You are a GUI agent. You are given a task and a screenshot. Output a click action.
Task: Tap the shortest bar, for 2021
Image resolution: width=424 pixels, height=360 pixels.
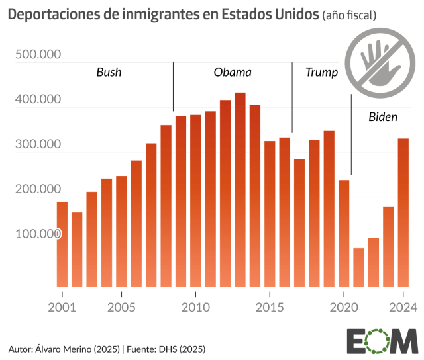(x=358, y=267)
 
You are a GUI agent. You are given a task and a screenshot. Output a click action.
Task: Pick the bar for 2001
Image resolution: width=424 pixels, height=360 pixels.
(x=62, y=244)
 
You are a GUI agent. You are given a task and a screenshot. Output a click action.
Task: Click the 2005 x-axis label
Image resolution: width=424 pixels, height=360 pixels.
(x=121, y=307)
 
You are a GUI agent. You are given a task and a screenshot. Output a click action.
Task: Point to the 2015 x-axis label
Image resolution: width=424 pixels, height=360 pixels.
(x=270, y=307)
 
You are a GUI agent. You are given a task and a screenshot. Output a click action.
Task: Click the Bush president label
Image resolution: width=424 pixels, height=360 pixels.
(x=109, y=72)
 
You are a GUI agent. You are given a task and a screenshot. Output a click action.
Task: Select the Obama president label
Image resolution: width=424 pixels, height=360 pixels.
(x=233, y=72)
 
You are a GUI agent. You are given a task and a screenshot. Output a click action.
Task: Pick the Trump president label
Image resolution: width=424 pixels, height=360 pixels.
(x=321, y=72)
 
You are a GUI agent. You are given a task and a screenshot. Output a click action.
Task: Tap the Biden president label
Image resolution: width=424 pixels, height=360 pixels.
(x=383, y=117)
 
